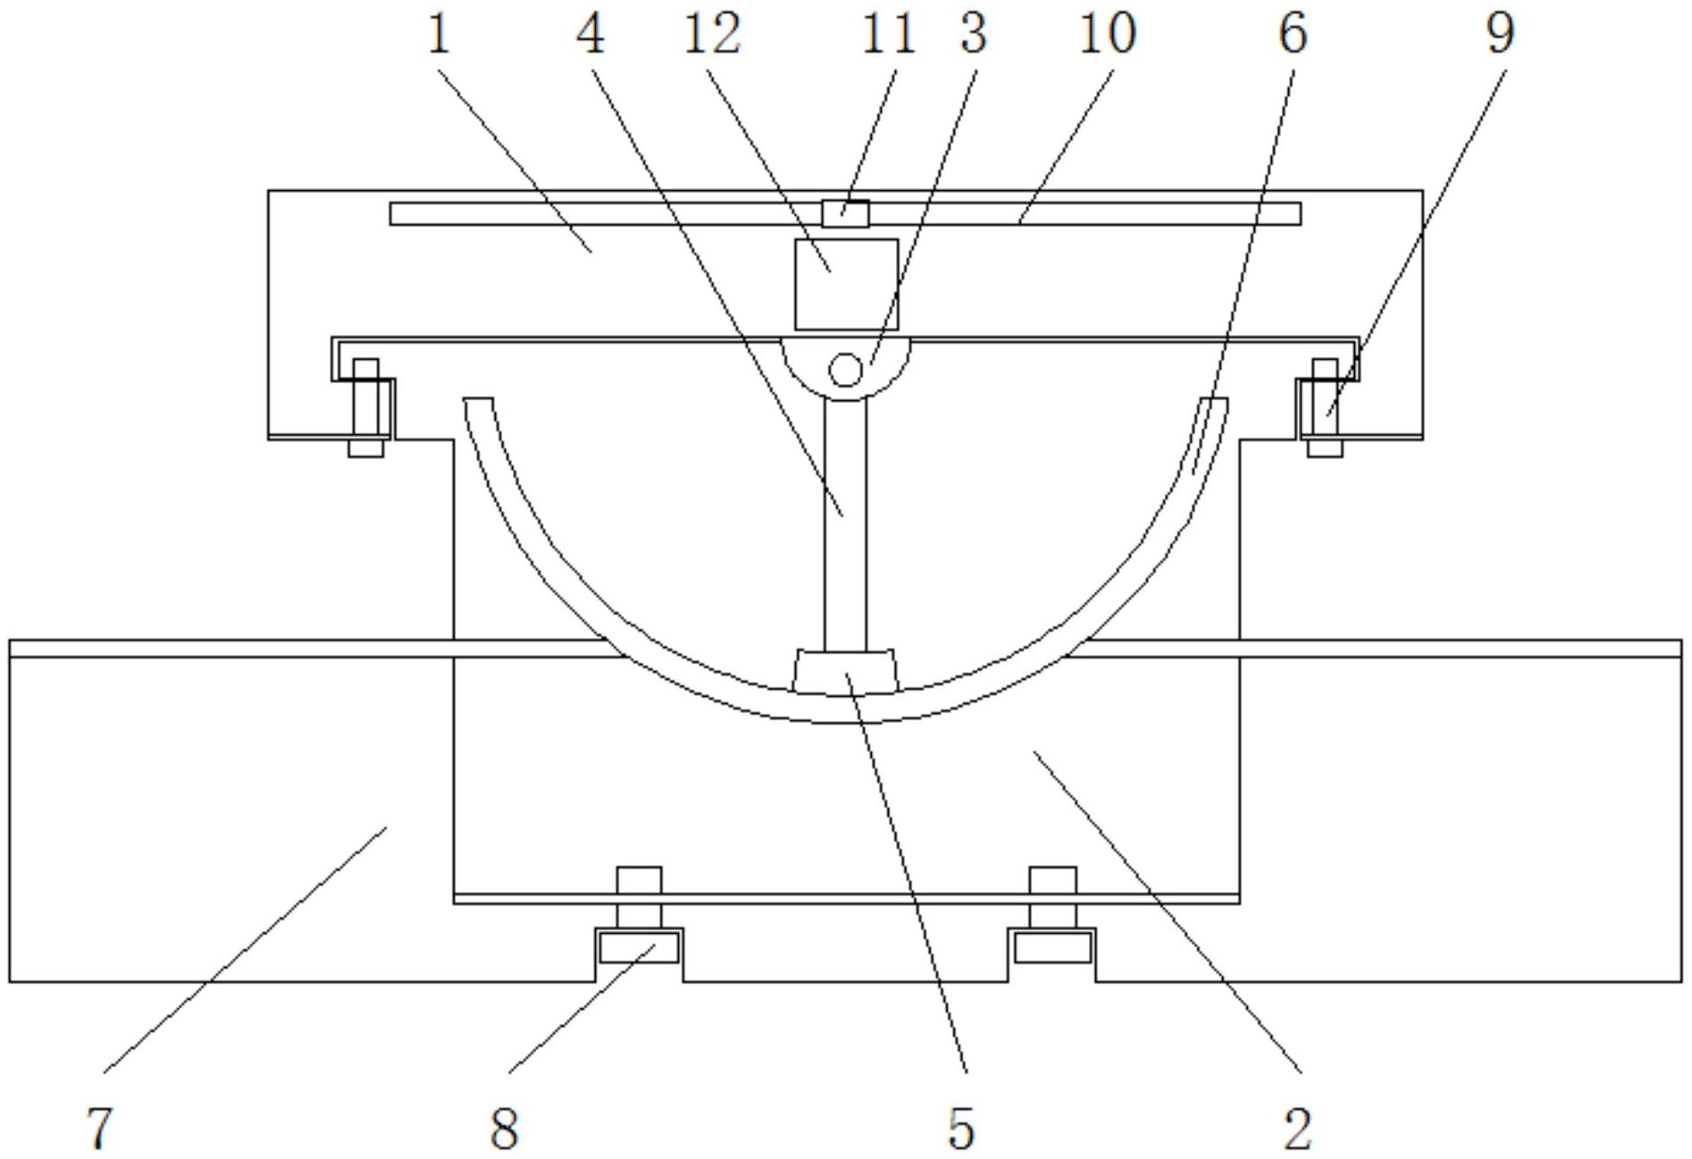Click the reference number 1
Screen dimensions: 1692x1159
point(438,34)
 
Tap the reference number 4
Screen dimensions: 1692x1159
point(591,34)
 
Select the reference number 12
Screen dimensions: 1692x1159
point(712,34)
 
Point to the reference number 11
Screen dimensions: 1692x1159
point(889,34)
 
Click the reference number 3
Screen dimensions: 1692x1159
point(974,34)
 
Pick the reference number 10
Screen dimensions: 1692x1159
point(1108,34)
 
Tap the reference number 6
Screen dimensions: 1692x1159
point(1293,34)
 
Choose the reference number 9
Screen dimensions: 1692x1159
point(1500,34)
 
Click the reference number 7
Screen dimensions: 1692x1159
point(100,1127)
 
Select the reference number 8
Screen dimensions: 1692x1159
point(505,1127)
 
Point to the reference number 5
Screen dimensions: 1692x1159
point(962,1127)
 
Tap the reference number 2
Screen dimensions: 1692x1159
point(1297,1127)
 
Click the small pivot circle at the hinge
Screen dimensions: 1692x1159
point(845,369)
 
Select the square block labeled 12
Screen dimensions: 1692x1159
point(846,284)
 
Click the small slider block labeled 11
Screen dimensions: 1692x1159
point(846,214)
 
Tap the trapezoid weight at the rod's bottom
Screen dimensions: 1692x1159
point(846,671)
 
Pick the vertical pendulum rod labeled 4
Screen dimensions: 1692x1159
point(846,524)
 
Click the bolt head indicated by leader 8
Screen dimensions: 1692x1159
point(639,947)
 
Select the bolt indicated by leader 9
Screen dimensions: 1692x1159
point(1325,406)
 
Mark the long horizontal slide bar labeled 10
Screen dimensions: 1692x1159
point(846,214)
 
